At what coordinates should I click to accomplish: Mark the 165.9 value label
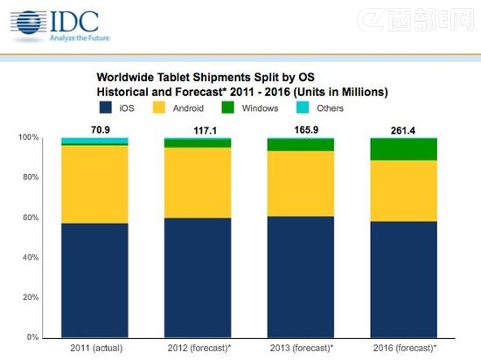[303, 129]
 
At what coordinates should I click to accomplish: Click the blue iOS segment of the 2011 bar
[94, 280]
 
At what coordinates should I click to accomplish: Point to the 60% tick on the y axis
[30, 218]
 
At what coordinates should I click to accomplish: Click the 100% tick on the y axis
[29, 138]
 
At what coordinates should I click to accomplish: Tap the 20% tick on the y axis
[30, 298]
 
